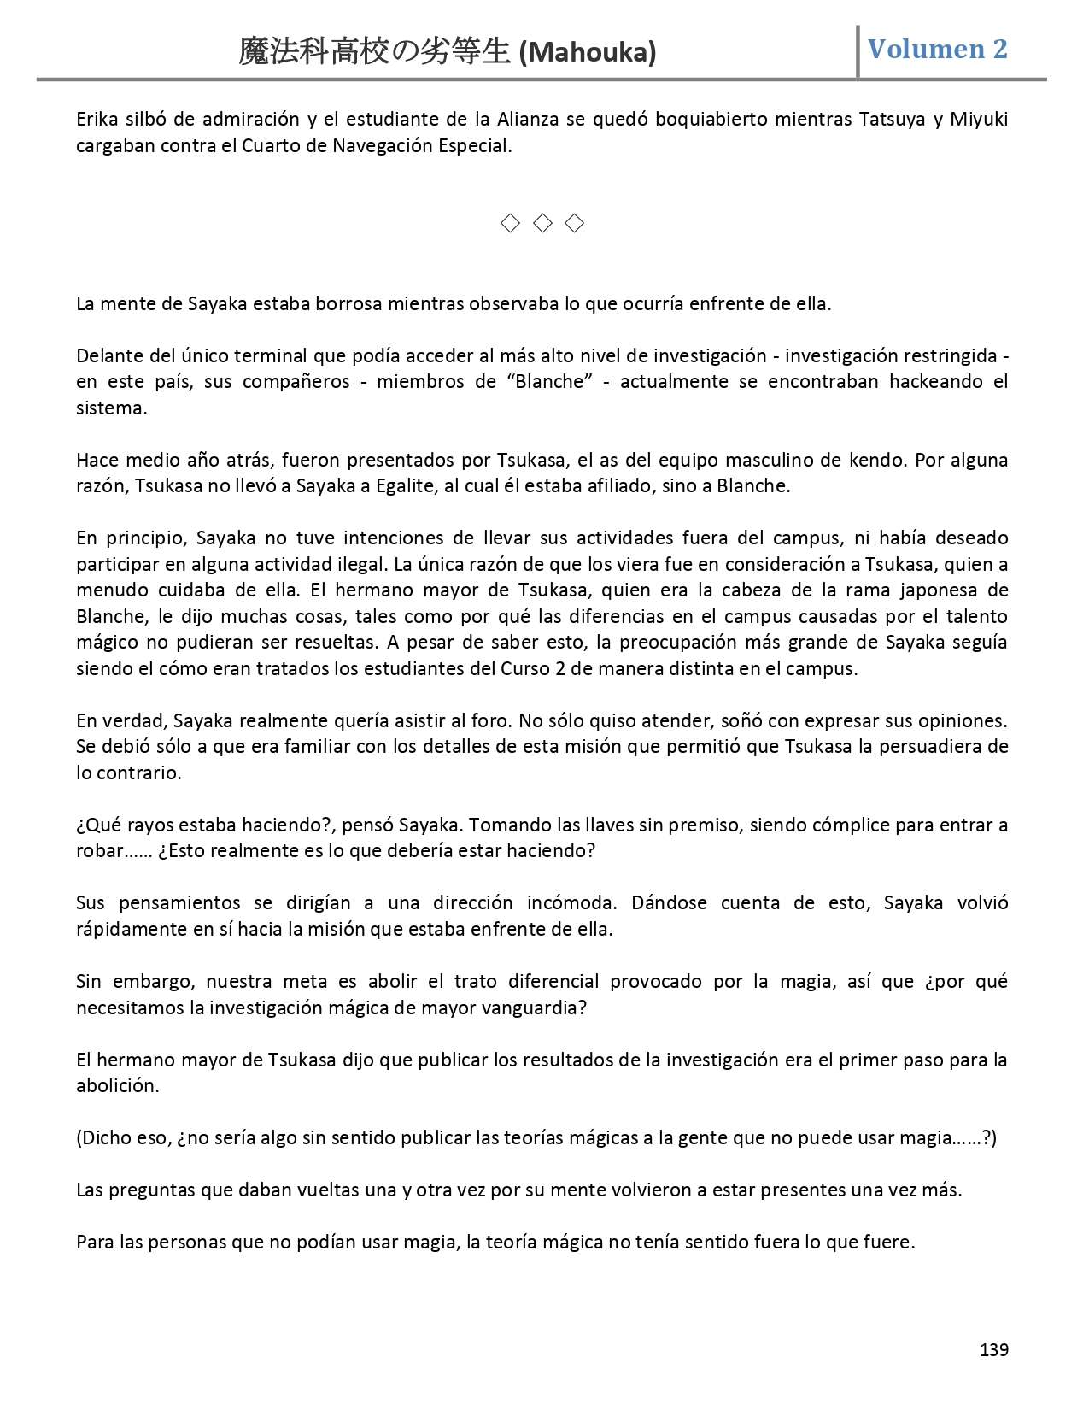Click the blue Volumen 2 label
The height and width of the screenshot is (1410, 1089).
coord(937,49)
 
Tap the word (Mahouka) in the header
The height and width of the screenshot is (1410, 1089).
coord(588,53)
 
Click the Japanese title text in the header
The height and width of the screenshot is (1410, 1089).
coord(376,53)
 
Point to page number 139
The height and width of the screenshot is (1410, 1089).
coord(993,1349)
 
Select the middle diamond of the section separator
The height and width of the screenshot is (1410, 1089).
coord(542,224)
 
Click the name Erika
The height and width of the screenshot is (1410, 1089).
coord(97,119)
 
